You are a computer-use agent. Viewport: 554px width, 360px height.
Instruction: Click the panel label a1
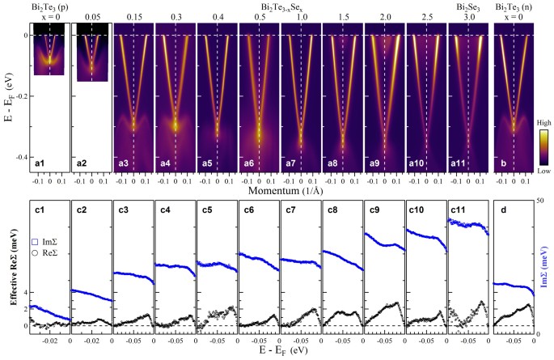(38, 164)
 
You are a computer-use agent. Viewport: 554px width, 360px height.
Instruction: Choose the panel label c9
(374, 210)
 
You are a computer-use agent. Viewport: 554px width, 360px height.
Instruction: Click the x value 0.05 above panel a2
(91, 15)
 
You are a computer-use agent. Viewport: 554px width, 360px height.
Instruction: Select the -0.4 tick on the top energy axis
(18, 156)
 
